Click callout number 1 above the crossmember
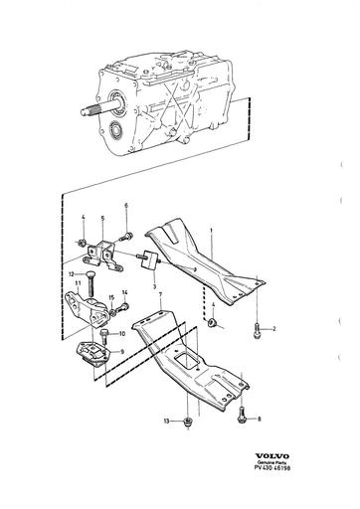[x=211, y=230]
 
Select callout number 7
[x=160, y=294]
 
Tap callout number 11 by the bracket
[x=78, y=283]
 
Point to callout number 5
[x=102, y=218]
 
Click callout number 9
[x=122, y=352]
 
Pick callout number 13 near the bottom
[x=166, y=421]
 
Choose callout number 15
[x=111, y=297]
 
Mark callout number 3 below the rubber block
[x=154, y=286]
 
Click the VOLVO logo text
[x=271, y=456]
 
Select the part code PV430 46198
[x=271, y=468]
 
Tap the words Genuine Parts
[x=271, y=462]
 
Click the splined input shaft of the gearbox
[x=99, y=109]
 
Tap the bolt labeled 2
[x=257, y=331]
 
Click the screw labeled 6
[x=126, y=238]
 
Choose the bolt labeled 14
[x=124, y=307]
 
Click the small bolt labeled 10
[x=104, y=336]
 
